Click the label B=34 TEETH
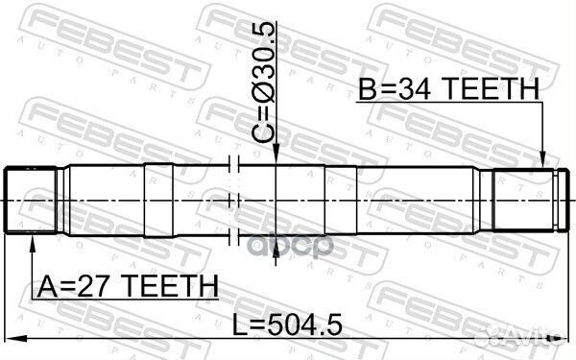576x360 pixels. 449,91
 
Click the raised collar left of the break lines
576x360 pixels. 162,200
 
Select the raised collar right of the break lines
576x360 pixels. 341,200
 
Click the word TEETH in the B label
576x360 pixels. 490,91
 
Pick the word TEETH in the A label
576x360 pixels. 169,285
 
